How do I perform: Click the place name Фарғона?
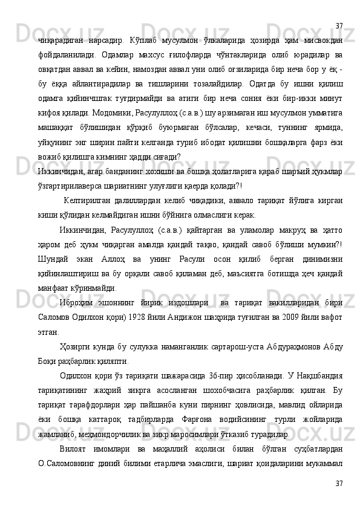(195, 434)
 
